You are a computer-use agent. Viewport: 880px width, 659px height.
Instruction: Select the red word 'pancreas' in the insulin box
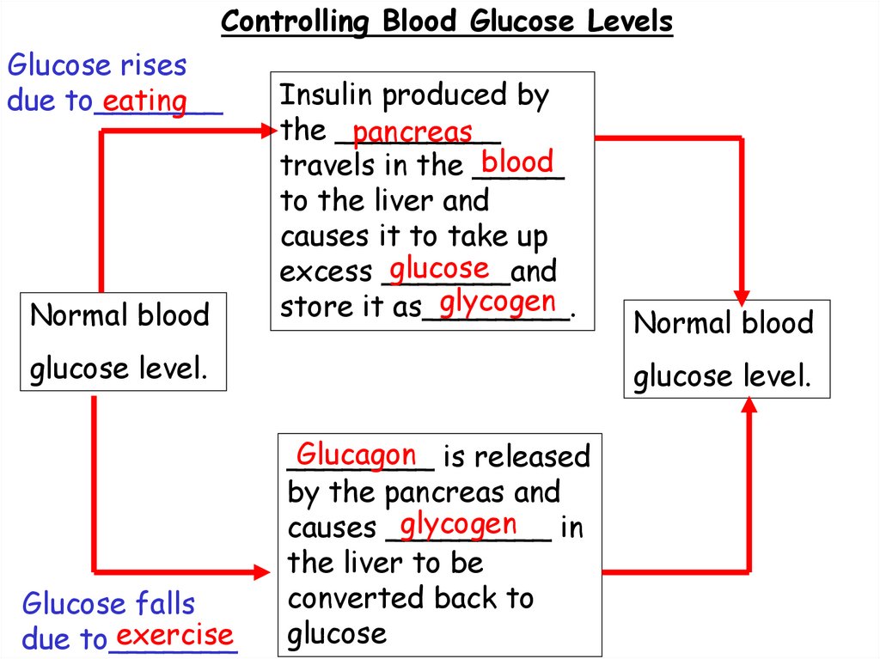coord(412,131)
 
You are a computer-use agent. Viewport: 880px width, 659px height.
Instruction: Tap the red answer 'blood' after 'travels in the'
coord(517,162)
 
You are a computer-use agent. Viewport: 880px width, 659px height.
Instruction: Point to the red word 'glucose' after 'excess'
coord(439,269)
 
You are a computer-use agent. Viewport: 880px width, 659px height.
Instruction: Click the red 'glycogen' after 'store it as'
coord(497,302)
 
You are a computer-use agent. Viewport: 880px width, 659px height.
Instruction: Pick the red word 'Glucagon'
coord(357,455)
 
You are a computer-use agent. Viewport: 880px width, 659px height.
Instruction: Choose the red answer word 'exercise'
coord(175,636)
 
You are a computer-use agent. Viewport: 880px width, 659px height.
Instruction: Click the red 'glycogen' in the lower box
coord(459,523)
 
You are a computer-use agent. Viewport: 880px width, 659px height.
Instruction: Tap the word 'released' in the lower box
coord(530,457)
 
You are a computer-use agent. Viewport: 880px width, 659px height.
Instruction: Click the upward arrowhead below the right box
coord(749,407)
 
